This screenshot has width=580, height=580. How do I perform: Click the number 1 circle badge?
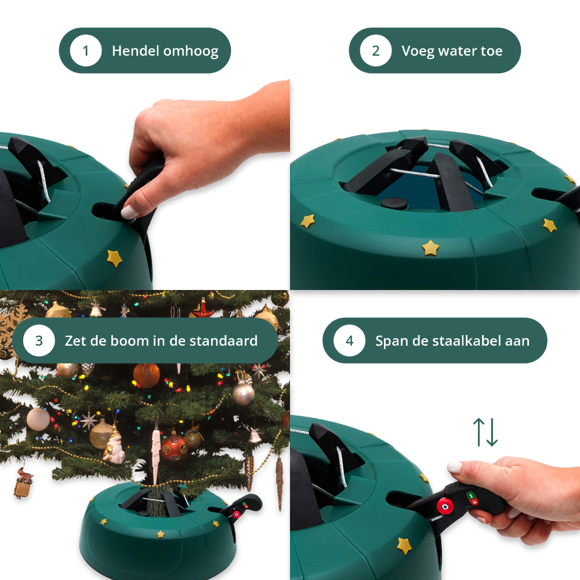86,50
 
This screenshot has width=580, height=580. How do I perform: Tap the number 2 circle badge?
376,50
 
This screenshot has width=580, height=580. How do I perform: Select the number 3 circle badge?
39,340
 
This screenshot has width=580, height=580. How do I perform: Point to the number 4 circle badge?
350,340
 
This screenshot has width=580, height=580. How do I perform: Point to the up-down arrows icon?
485,432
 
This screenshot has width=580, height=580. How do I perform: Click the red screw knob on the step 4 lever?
445,506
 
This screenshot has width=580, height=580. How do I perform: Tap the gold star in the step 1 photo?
114,258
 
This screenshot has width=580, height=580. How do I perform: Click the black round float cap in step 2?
394,203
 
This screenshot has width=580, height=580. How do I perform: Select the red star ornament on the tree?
202,310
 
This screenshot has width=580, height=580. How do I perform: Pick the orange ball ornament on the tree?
147,375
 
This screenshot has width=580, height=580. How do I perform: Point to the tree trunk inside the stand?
158,501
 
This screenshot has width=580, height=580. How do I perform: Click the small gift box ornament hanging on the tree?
22,488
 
